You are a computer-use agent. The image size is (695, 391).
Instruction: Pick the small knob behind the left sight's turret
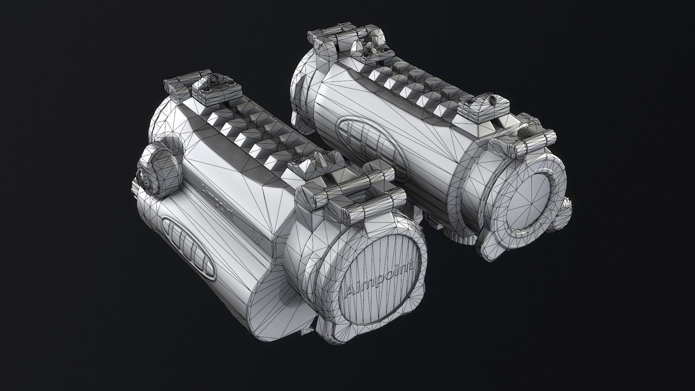[142, 180]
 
